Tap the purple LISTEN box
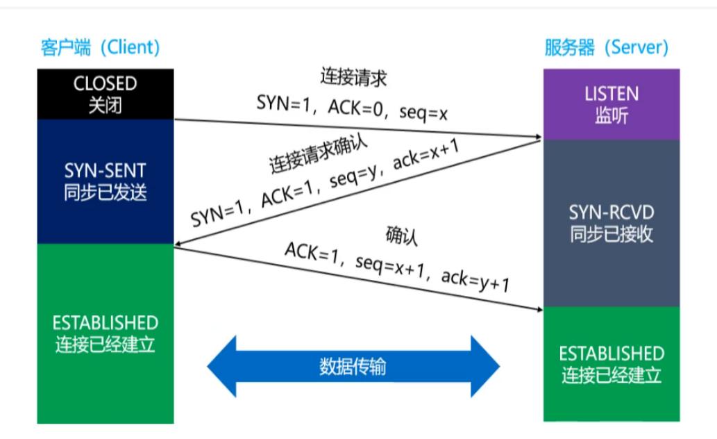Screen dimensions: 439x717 point(611,104)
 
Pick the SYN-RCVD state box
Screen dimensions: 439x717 point(611,222)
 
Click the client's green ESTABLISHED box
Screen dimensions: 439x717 point(105,333)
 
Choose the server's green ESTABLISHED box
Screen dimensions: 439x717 point(611,363)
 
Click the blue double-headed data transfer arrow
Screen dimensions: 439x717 point(353,366)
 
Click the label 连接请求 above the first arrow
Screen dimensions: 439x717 point(353,77)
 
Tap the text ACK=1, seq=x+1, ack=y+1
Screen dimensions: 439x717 point(397,267)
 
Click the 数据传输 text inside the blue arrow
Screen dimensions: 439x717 point(353,366)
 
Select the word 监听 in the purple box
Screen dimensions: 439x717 point(611,115)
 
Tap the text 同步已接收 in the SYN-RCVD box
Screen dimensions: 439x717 point(611,234)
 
